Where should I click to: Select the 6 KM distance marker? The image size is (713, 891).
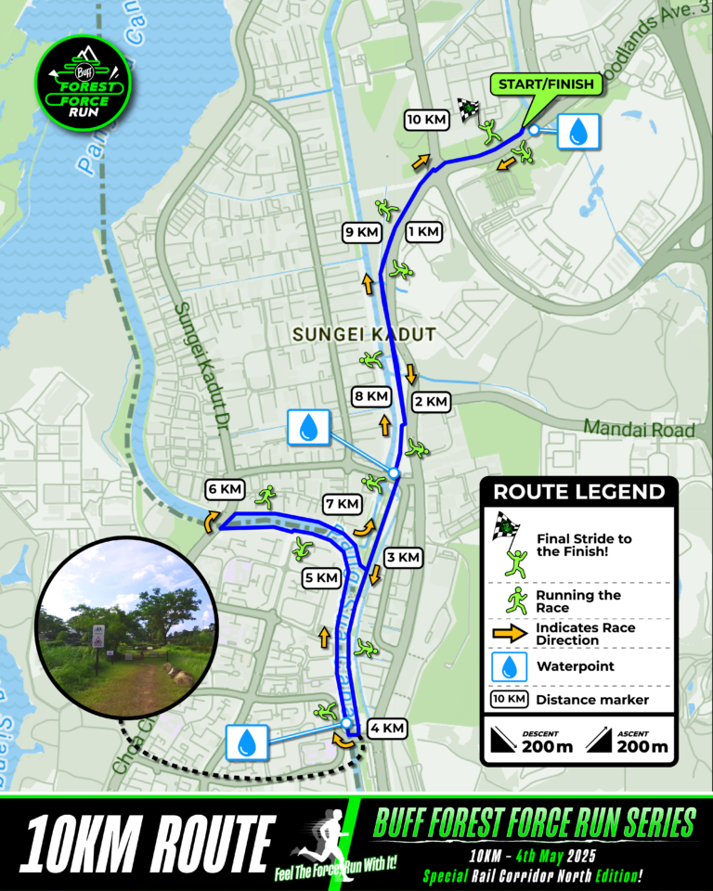pos(226,489)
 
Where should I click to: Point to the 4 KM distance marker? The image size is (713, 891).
pos(387,729)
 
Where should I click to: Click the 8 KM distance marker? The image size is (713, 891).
pos(371,396)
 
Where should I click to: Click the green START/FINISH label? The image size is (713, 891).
pos(548,84)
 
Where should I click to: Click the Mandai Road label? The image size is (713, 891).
pos(640,430)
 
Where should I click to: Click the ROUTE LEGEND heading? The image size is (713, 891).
pos(578,492)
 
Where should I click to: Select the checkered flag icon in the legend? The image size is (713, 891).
pos(504,526)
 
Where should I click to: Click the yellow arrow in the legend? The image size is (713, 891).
pos(508,634)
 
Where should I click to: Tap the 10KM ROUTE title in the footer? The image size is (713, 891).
pos(145,843)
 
